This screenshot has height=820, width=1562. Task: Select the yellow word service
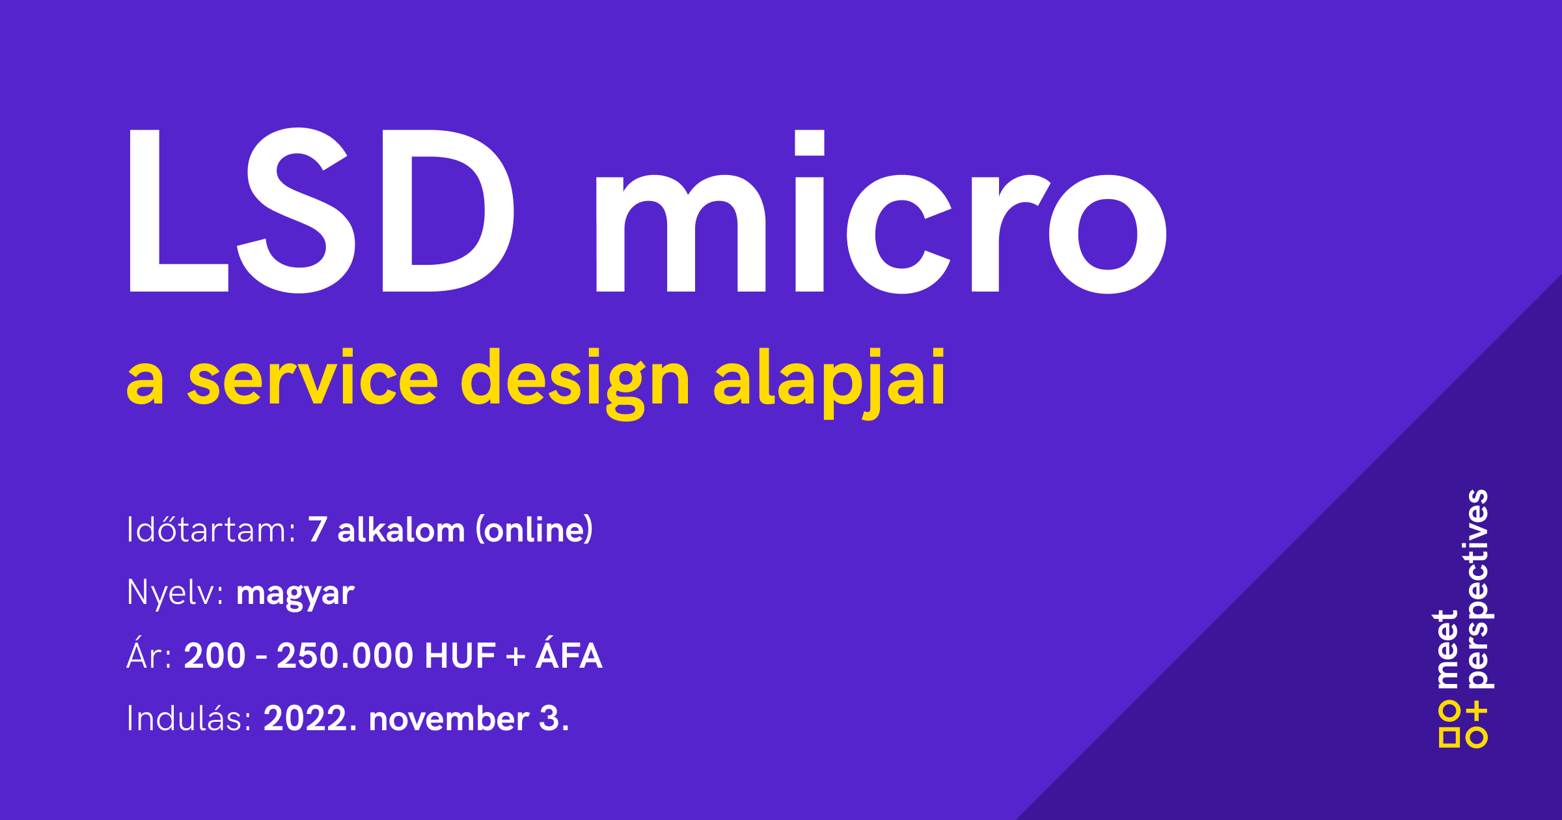click(x=313, y=377)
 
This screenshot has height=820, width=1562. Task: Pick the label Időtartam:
click(x=212, y=529)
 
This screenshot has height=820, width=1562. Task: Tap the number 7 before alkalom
click(x=317, y=530)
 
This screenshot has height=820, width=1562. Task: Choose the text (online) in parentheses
click(x=534, y=530)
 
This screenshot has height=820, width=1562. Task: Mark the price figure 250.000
click(x=345, y=655)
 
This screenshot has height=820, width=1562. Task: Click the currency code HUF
click(x=460, y=655)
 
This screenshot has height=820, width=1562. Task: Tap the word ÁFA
click(x=569, y=653)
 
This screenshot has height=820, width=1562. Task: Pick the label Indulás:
click(x=189, y=718)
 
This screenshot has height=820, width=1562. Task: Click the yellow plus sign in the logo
click(x=1477, y=712)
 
